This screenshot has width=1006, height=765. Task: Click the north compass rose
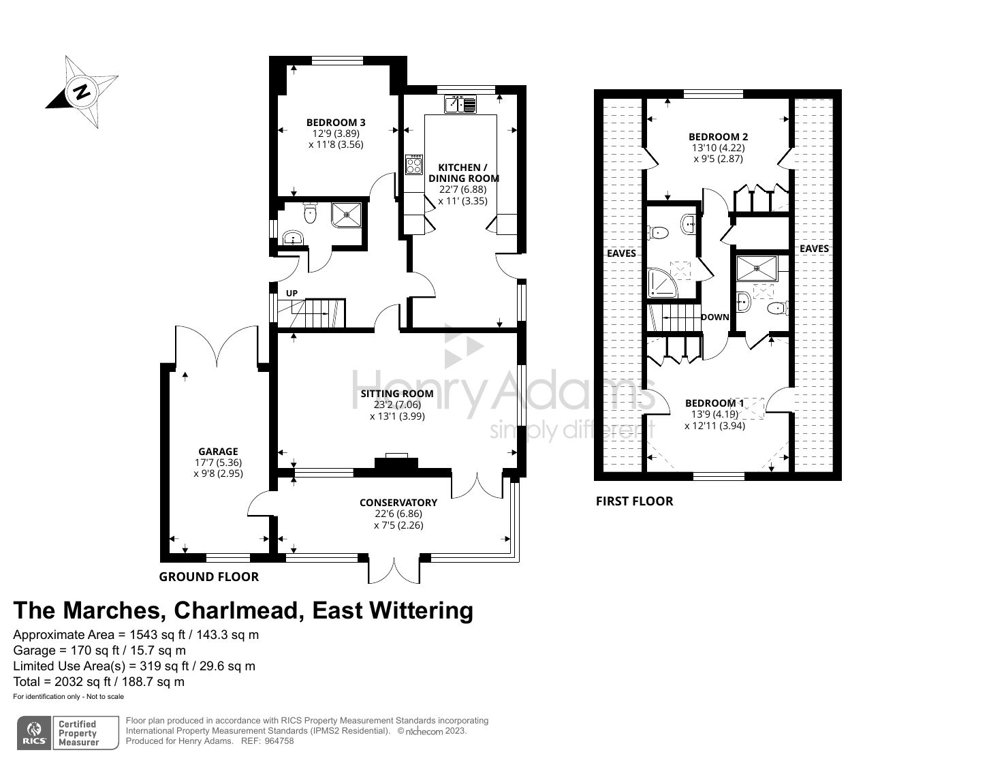(x=82, y=92)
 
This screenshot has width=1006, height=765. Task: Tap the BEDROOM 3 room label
(x=335, y=123)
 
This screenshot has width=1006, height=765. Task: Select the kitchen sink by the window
(x=460, y=104)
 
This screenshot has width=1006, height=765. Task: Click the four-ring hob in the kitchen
(x=413, y=165)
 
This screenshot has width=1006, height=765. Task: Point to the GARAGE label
(x=218, y=451)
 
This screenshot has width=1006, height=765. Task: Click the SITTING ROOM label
(x=396, y=393)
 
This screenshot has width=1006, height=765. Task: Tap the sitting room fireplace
(x=396, y=461)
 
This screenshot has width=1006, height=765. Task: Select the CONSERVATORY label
(x=398, y=503)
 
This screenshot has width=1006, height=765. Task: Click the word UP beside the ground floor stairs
(x=292, y=293)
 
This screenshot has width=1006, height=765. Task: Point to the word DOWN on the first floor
(x=714, y=317)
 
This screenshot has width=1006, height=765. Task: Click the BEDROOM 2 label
(x=718, y=136)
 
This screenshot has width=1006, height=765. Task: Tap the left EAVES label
(x=621, y=253)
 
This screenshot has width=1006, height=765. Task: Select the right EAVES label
(x=814, y=249)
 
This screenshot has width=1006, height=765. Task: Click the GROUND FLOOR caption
(x=208, y=576)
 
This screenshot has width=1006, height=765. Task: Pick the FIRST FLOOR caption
(x=634, y=501)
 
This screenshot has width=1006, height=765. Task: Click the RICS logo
(x=34, y=733)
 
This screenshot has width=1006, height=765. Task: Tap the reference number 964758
(x=279, y=740)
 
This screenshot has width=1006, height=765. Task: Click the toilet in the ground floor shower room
(x=310, y=213)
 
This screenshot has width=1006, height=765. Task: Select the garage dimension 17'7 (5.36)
(x=218, y=463)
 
